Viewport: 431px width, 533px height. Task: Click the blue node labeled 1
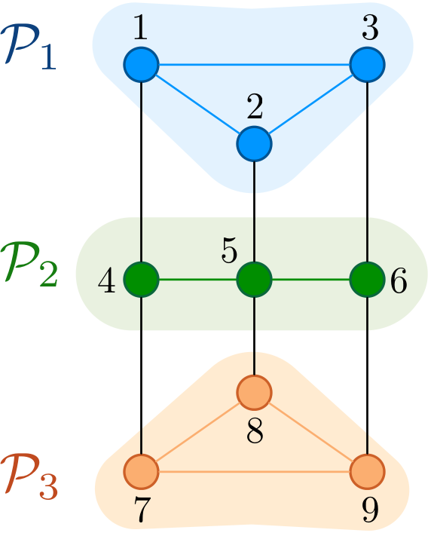coord(141,65)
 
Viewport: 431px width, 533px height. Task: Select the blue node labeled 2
coord(254,144)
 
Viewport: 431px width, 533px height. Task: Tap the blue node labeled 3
coord(367,65)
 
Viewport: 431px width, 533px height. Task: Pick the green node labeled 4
coord(141,280)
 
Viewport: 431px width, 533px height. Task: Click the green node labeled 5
coord(254,280)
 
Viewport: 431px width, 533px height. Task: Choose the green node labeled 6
coord(367,280)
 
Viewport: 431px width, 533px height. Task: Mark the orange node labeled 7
coord(141,471)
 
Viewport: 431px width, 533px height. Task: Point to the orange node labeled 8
coord(254,393)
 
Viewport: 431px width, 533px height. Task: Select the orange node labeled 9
coord(367,471)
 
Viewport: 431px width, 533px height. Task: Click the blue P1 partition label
coord(29,47)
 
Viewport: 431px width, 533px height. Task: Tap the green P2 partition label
coord(29,262)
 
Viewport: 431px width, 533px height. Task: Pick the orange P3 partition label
coord(29,476)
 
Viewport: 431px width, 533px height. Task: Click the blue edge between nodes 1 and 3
coord(254,65)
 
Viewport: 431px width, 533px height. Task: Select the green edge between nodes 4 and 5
coord(197,280)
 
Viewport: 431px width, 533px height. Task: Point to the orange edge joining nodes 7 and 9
coord(254,471)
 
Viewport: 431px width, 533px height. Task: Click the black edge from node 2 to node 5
coord(254,212)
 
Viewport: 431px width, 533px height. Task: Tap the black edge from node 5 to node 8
coord(254,336)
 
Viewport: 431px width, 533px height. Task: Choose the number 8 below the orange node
coord(255,430)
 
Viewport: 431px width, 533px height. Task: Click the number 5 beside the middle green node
coord(229,250)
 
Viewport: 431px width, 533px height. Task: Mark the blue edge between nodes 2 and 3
coord(310,104)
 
